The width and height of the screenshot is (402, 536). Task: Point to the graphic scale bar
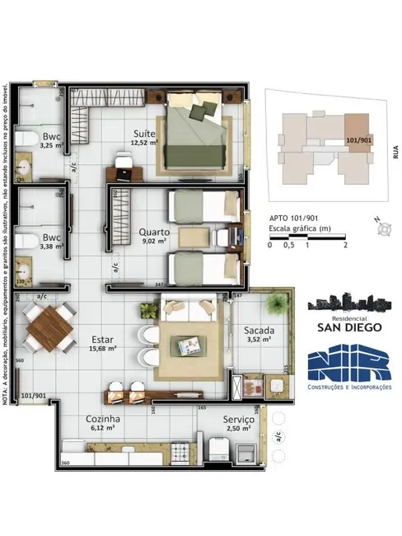click(307, 237)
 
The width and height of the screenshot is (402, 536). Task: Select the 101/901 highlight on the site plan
click(358, 142)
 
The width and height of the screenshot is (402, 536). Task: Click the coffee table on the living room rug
click(190, 343)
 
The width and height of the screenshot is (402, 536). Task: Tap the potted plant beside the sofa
click(148, 311)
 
